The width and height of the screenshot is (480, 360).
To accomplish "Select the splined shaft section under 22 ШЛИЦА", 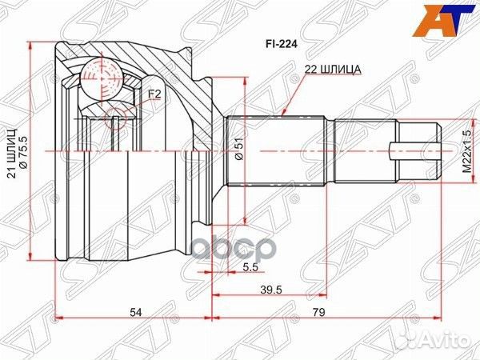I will coord(276,150).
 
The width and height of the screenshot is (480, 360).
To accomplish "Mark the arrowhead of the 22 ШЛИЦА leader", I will coord(286,118).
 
